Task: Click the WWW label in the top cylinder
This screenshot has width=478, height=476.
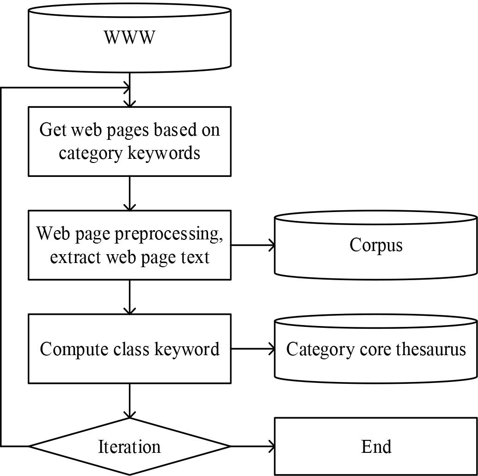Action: pyautogui.click(x=129, y=37)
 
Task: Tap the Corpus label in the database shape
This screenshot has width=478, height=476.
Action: pyautogui.click(x=376, y=245)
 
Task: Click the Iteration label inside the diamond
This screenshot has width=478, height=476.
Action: pyautogui.click(x=129, y=447)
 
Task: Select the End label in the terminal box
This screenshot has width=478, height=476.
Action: pyautogui.click(x=376, y=447)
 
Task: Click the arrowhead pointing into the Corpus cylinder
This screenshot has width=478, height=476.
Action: pyautogui.click(x=270, y=245)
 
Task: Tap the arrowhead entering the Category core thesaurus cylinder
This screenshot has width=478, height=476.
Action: pyautogui.click(x=270, y=349)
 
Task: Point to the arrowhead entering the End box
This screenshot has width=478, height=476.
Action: pyautogui.click(x=270, y=447)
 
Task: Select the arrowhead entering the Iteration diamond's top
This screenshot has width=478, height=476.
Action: pyautogui.click(x=129, y=414)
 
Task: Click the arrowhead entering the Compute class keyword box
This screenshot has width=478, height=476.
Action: pyautogui.click(x=129, y=310)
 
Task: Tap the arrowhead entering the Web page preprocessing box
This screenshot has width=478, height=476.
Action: pyautogui.click(x=129, y=207)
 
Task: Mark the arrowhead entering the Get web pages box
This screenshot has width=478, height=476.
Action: pyautogui.click(x=129, y=103)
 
